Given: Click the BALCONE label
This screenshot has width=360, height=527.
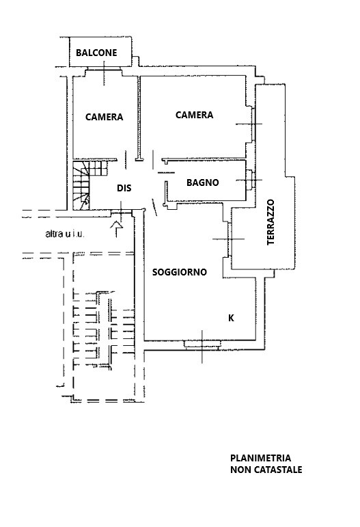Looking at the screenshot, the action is coord(96,53).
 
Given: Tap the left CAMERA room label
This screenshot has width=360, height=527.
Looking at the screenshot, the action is coord(104,117).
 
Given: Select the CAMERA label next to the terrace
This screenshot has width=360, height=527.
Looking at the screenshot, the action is coord(195,115).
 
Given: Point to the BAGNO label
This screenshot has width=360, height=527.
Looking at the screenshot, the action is coord(203,183).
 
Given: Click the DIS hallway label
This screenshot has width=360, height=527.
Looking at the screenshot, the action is coord(124,188).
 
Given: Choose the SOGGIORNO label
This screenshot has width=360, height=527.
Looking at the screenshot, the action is coord(180,272).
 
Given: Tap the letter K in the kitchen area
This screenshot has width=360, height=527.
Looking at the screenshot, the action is coord(231,318).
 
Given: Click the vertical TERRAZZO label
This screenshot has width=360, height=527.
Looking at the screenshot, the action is coord(271,223).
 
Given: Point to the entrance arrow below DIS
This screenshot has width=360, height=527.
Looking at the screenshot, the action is coord(117,229).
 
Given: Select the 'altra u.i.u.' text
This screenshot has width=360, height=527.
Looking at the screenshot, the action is coord(65,234).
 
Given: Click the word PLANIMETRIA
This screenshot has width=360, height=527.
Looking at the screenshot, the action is coord(260,458).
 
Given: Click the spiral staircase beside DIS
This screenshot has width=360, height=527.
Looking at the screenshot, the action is coord(89,185).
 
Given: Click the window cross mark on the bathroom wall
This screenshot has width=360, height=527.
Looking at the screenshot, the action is coord(249,180).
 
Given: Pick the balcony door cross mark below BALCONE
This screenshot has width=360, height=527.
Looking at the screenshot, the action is coord(104,73).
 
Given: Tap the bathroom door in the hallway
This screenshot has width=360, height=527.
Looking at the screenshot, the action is coord(166,172).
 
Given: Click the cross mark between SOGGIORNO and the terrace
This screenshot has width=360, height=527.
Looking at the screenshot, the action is coord(229,239).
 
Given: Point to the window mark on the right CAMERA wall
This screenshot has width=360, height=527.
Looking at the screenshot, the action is coord(249,124).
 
